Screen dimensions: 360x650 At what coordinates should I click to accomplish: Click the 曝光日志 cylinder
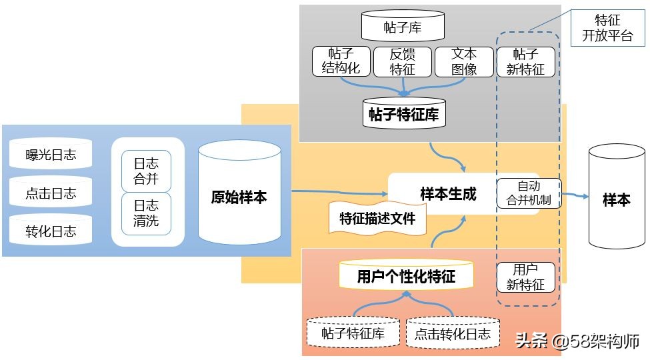51,155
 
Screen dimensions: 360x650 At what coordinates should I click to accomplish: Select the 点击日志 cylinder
51,193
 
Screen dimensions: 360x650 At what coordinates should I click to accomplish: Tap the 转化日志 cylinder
51,231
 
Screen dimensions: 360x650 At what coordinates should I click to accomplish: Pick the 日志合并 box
146,171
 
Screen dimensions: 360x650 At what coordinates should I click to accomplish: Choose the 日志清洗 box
146,213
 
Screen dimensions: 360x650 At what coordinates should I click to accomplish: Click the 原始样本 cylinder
239,196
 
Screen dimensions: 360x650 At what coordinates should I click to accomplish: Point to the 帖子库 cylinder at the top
403,27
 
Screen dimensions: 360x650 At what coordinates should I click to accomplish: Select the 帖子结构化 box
341,61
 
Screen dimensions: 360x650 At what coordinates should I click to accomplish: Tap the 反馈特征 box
402,61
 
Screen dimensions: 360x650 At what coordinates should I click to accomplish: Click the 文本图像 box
463,61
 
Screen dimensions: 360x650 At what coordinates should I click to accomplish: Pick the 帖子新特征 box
525,61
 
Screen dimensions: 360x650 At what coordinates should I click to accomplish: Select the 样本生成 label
448,194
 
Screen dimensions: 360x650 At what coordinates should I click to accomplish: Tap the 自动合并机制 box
529,193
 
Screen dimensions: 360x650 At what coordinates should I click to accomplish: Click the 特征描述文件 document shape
377,218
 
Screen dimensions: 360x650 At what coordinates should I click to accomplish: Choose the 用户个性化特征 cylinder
406,275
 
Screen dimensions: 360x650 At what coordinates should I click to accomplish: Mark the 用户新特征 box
525,277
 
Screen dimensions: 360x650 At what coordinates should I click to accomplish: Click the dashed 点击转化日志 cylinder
453,332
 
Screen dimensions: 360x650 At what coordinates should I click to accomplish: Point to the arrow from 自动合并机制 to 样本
575,195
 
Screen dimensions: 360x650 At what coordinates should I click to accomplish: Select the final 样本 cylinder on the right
616,199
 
